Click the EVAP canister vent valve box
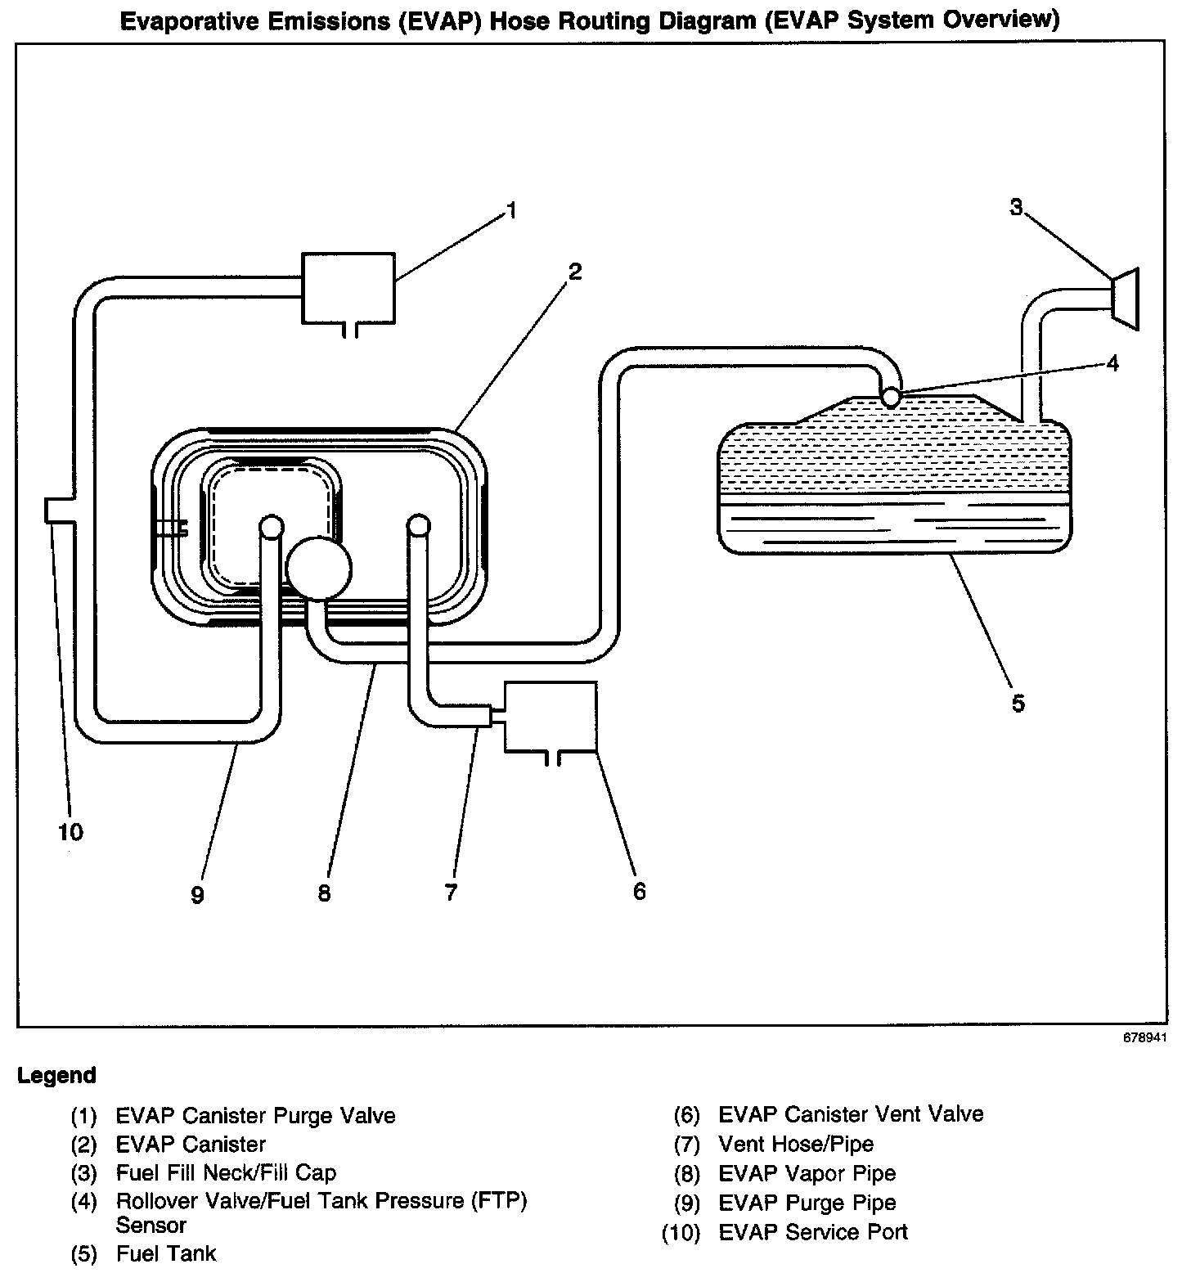(551, 717)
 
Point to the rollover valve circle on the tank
(891, 398)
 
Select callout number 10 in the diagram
(70, 833)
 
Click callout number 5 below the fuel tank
(1018, 703)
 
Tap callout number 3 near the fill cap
(1016, 208)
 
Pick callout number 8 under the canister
(324, 893)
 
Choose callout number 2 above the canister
(575, 272)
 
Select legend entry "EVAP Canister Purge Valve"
(255, 1115)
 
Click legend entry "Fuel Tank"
(166, 1253)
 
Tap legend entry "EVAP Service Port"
(813, 1231)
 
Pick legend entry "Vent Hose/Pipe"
(795, 1144)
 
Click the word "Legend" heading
(57, 1075)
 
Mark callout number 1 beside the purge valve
(511, 212)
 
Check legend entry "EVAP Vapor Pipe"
(807, 1173)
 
